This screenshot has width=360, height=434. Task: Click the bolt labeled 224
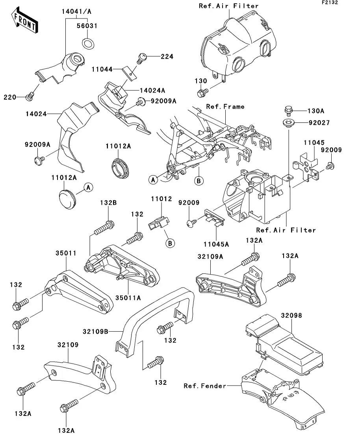pyautogui.click(x=141, y=57)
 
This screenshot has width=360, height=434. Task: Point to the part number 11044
pyautogui.click(x=102, y=69)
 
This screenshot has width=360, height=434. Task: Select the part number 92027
pyautogui.click(x=319, y=123)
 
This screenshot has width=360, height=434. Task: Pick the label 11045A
pyautogui.click(x=216, y=244)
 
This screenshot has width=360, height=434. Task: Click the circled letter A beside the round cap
pyautogui.click(x=89, y=187)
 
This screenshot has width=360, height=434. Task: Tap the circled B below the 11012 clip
pyautogui.click(x=170, y=243)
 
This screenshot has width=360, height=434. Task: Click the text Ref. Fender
pyautogui.click(x=205, y=386)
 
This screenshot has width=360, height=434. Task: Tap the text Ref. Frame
pyautogui.click(x=225, y=106)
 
